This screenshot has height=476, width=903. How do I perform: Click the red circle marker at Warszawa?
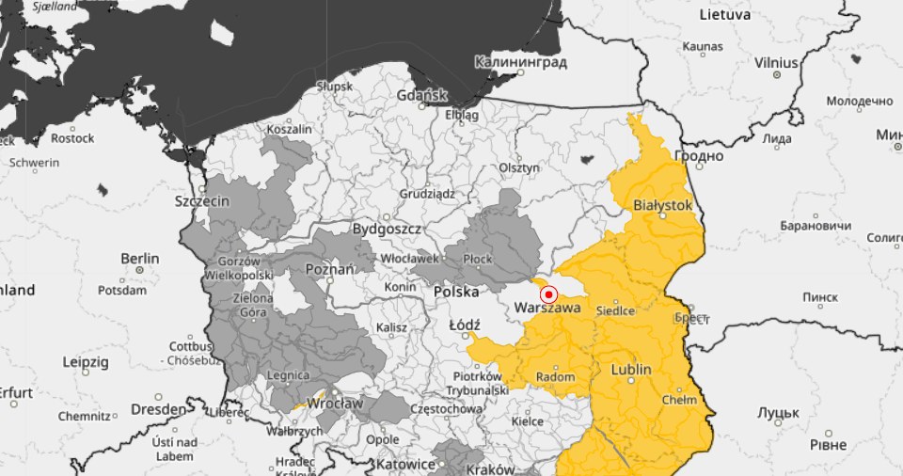550,294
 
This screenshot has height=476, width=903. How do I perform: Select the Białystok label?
663,204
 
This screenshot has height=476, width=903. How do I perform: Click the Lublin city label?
630,370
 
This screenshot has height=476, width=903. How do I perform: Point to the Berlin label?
139,259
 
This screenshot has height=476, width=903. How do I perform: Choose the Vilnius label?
775,63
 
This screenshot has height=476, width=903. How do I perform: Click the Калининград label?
521,62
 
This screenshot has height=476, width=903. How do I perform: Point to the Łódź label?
465,325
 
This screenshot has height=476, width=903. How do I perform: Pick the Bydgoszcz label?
387,229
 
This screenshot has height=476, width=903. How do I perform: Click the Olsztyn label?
519,167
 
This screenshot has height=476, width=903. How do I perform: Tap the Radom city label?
554,376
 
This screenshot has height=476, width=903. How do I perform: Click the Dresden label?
158,409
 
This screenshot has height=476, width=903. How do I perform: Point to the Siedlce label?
618,310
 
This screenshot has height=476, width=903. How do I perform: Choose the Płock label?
479,259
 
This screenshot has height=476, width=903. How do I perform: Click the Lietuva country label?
724,15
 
